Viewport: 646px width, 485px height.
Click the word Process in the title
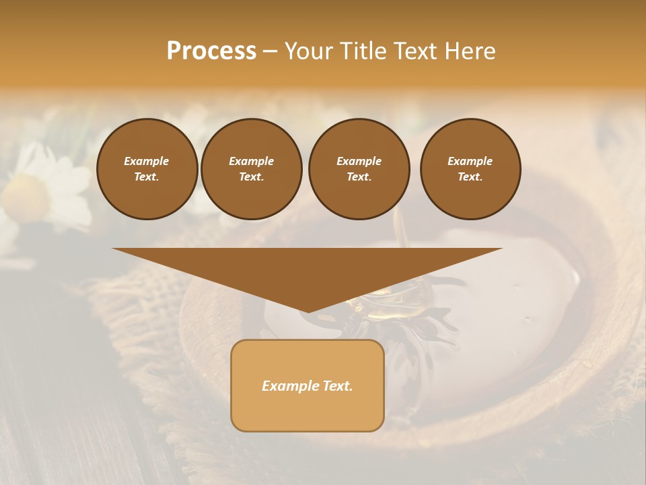pos(211,51)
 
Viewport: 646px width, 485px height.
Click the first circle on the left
pos(147,169)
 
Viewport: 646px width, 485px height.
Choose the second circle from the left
pos(252,169)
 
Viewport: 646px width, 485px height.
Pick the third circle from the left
pos(359,169)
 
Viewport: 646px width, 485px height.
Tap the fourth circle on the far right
pos(470,169)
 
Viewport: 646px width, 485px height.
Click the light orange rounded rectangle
pos(308,411)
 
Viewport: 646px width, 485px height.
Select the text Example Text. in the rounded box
pos(308,386)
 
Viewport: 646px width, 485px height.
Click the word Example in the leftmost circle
pos(147,161)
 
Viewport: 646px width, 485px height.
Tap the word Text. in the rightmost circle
pos(470,177)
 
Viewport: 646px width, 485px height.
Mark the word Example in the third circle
pos(359,161)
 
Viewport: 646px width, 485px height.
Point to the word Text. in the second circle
pos(252,177)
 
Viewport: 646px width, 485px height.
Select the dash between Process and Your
pos(270,51)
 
